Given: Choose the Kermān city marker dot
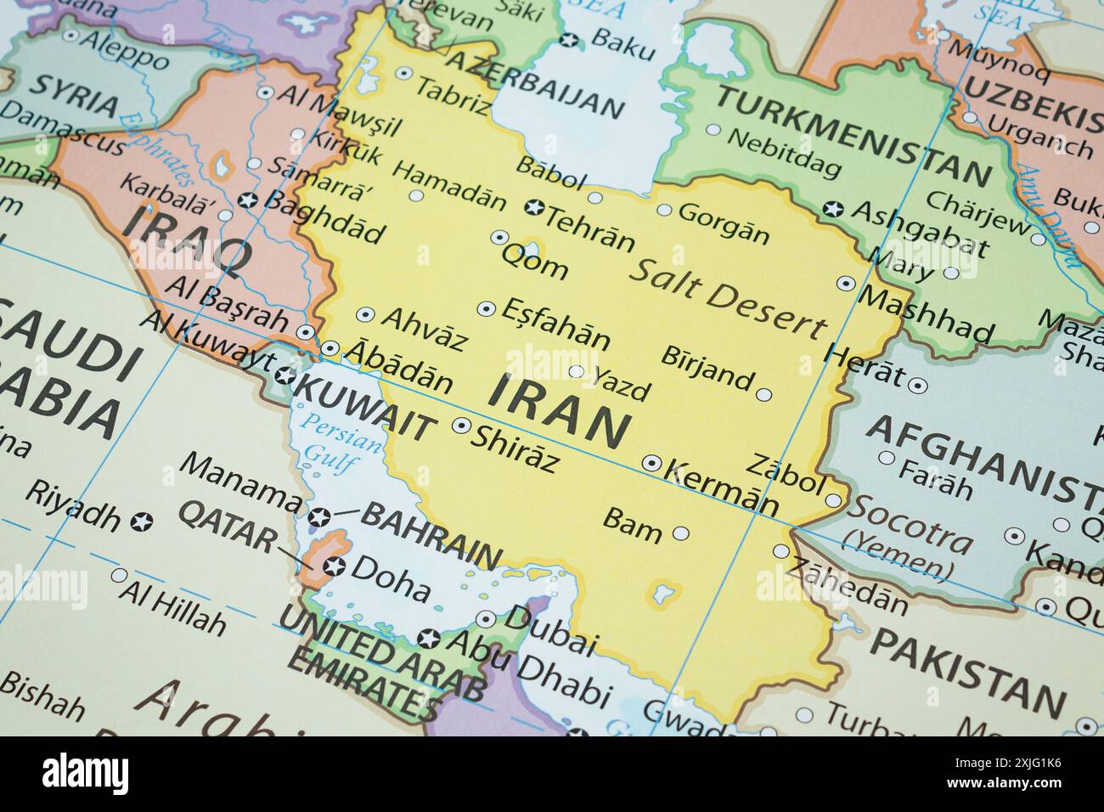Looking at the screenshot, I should pyautogui.click(x=651, y=463).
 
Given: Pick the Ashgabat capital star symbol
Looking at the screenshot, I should pyautogui.click(x=832, y=209).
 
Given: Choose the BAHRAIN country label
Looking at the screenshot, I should pyautogui.click(x=431, y=535).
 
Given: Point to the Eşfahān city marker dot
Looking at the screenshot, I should pyautogui.click(x=487, y=308).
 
